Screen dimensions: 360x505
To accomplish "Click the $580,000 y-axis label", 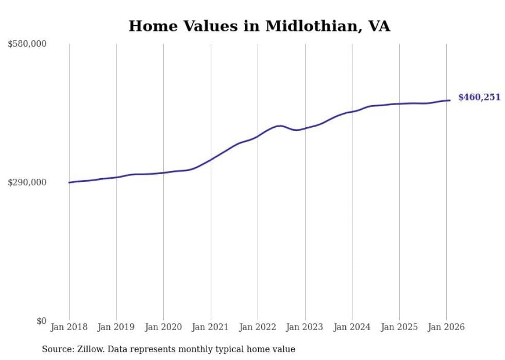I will click(x=27, y=44).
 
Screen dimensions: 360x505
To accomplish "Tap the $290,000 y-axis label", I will click(x=27, y=182).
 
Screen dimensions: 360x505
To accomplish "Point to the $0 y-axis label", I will click(x=41, y=321).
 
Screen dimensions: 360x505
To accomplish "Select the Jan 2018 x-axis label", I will click(x=69, y=327).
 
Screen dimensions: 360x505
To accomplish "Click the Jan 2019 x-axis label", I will click(x=116, y=327).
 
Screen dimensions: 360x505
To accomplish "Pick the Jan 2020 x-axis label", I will click(x=163, y=327).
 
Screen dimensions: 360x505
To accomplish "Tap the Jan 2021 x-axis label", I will click(x=211, y=327).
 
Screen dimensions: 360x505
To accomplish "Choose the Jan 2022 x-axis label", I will click(x=258, y=327).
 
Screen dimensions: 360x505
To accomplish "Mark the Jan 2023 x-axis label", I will click(x=305, y=327).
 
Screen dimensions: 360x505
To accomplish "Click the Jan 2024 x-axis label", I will click(x=352, y=327).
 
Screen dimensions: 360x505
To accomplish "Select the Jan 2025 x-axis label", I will click(x=399, y=327).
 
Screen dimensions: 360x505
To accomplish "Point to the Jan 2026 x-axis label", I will click(x=446, y=327).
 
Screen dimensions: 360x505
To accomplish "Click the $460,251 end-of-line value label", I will click(x=479, y=97).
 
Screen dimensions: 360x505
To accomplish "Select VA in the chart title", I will click(x=379, y=26).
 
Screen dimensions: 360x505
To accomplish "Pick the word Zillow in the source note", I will click(x=84, y=349).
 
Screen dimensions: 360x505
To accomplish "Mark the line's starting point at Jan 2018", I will click(x=69, y=182).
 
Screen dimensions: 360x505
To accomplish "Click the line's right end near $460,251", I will click(x=450, y=100).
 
